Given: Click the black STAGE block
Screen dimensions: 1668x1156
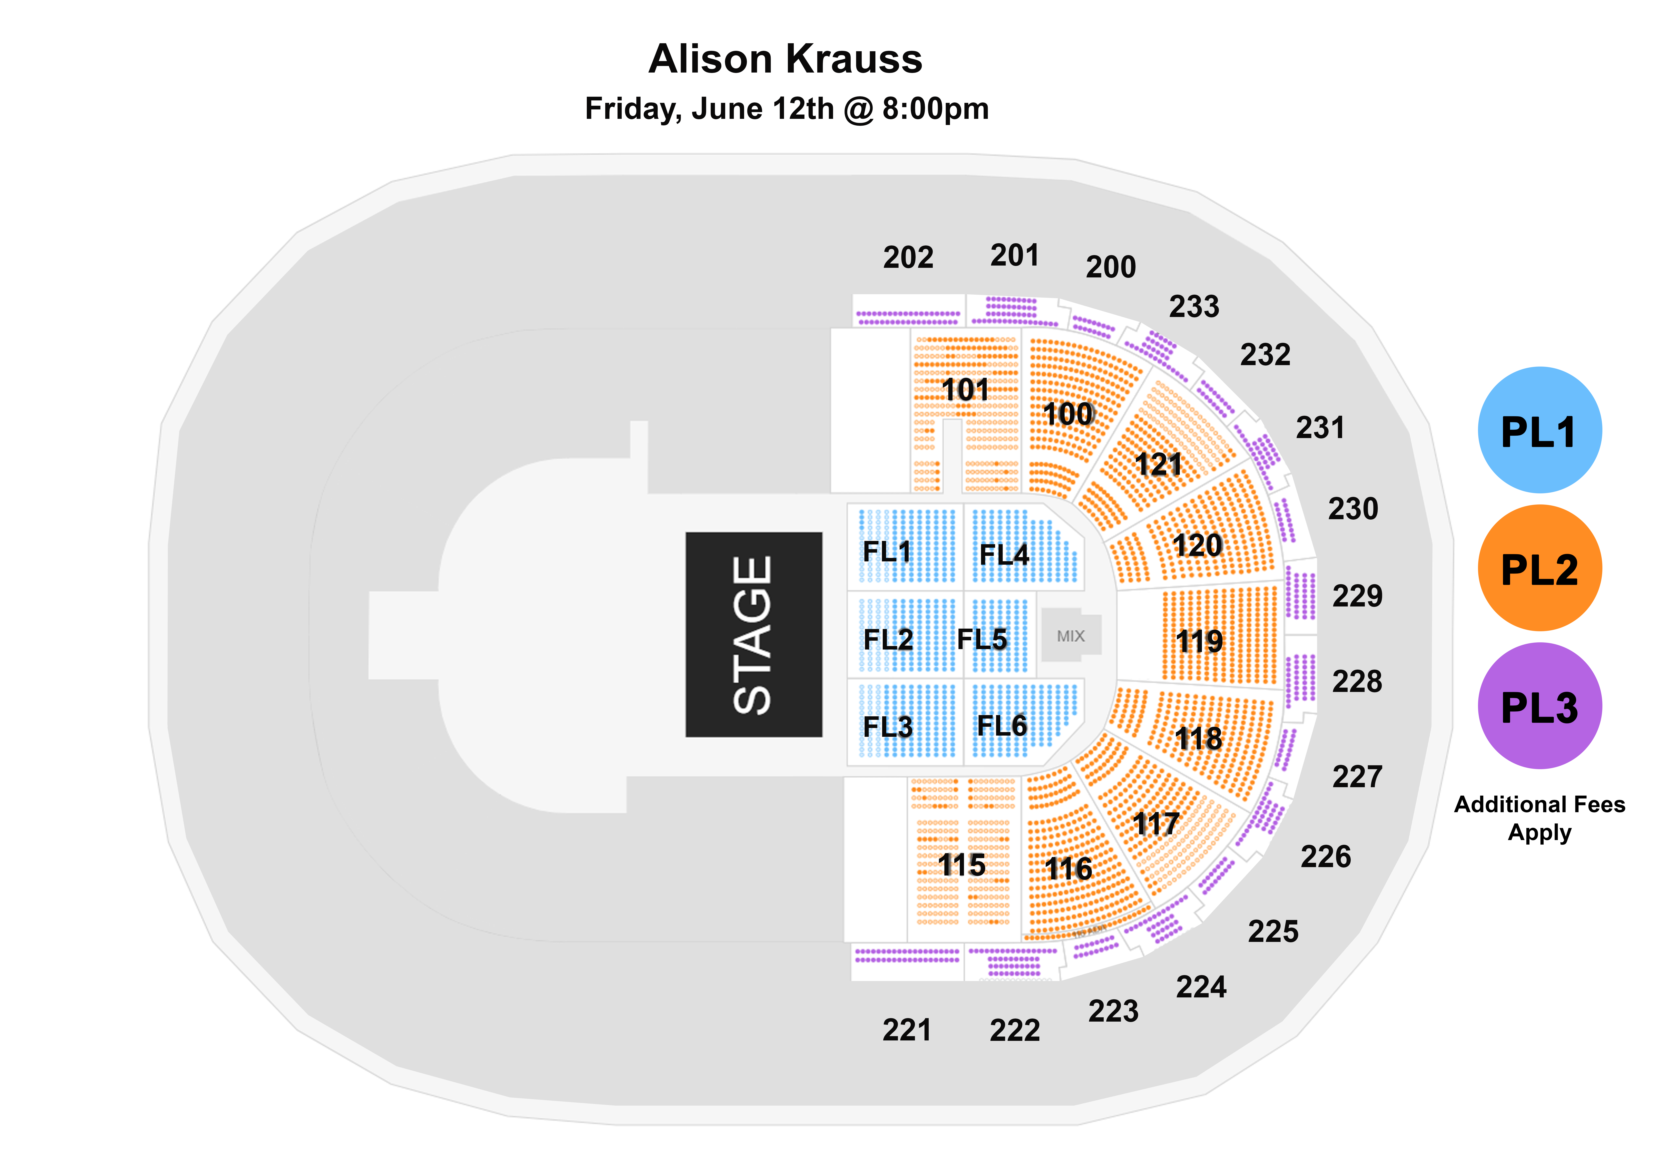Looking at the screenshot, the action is (x=754, y=635).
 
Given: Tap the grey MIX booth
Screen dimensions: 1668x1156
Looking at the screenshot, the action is (x=1071, y=635).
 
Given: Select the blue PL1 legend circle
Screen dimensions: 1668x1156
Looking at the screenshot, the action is (x=1540, y=430).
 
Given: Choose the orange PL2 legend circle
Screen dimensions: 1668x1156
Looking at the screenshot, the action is (x=1540, y=568).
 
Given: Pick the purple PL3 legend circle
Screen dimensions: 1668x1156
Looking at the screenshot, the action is (x=1540, y=706).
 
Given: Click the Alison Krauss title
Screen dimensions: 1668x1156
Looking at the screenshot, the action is (x=785, y=59).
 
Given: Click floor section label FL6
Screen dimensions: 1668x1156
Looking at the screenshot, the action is (x=1002, y=725).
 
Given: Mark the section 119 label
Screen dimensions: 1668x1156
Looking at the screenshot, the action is (x=1199, y=641).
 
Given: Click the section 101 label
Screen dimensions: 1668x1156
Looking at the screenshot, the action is (x=965, y=390).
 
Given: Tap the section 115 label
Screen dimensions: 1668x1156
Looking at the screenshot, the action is (x=961, y=865).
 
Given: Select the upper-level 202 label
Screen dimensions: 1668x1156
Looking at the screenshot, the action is (x=908, y=257).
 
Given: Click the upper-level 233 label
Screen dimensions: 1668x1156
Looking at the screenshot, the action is (x=1194, y=306).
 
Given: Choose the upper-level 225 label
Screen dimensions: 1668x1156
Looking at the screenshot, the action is (x=1273, y=931).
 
